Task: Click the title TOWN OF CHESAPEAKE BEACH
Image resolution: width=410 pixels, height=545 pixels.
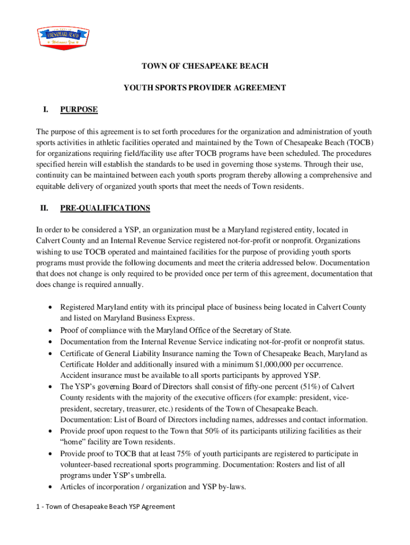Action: [204, 67]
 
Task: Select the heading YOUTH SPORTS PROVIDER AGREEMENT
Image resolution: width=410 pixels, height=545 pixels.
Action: [205, 88]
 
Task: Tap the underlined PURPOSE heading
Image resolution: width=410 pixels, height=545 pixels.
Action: [79, 110]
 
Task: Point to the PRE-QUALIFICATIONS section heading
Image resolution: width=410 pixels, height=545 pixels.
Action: [105, 208]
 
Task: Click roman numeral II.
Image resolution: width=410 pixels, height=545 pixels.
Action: [44, 208]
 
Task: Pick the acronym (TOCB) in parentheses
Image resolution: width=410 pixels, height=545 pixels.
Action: [360, 142]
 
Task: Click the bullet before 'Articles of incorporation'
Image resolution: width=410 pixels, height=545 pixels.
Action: [50, 487]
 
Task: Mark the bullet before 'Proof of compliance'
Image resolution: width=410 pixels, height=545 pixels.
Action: [50, 331]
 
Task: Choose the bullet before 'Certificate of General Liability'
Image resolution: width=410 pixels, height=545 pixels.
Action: [50, 353]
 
